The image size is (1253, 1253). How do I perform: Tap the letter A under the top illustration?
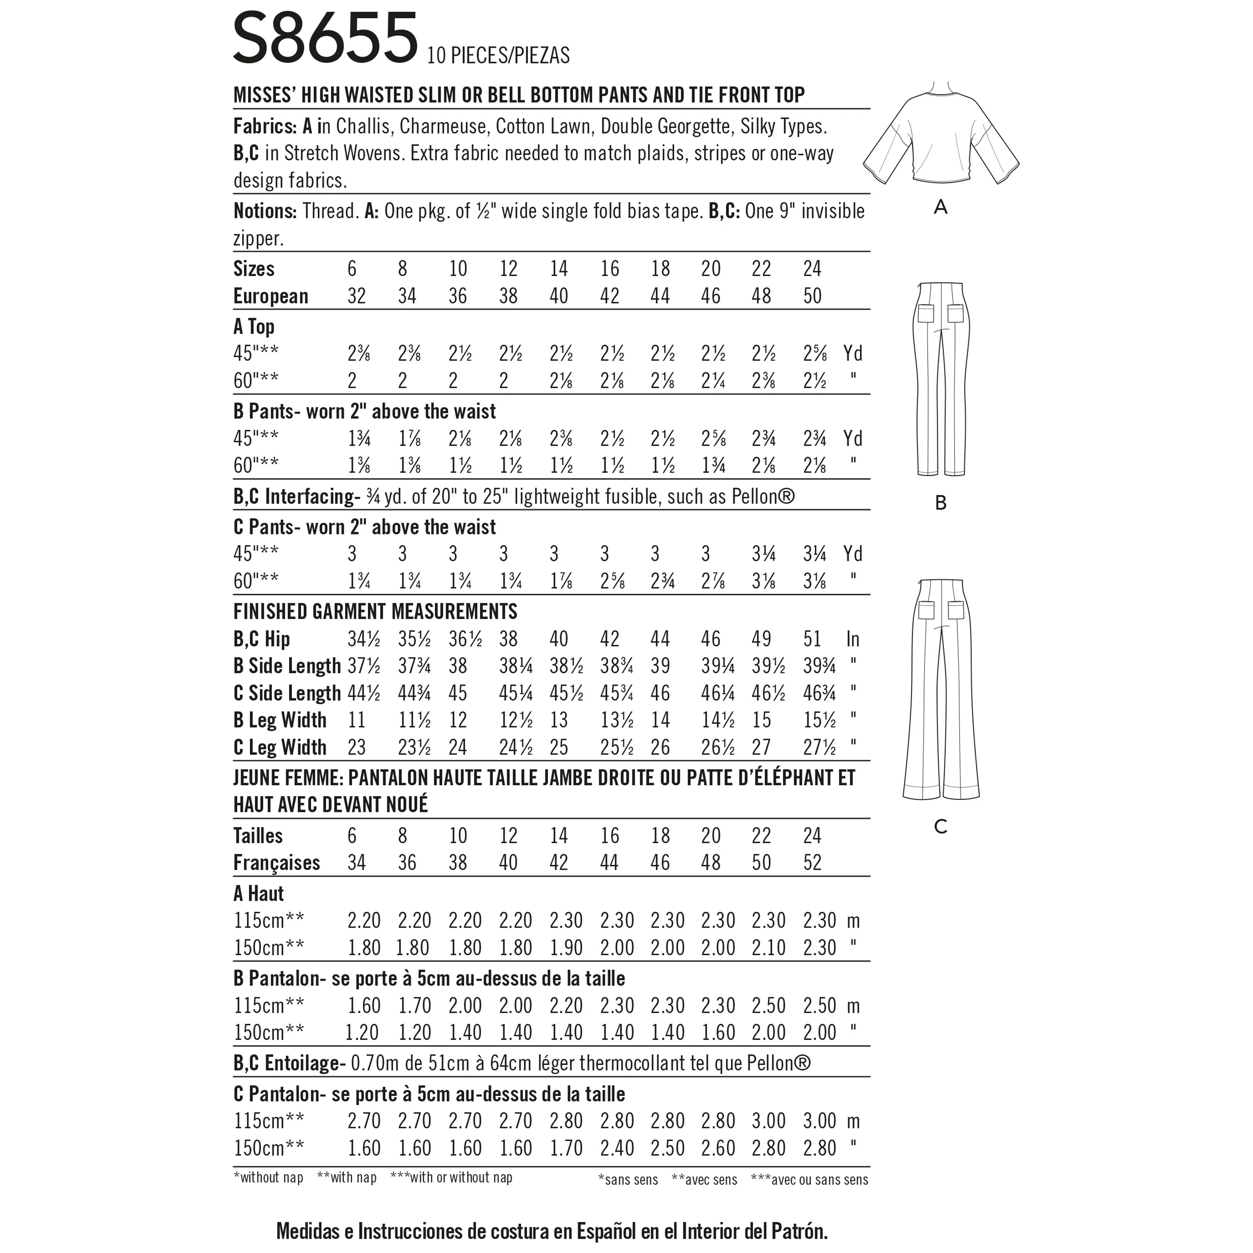941,208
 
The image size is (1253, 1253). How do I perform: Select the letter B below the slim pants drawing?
941,502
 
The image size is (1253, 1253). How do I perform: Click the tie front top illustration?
941,136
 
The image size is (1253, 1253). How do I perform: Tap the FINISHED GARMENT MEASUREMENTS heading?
375,611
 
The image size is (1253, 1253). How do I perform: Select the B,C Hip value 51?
812,639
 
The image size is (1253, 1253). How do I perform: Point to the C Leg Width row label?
279,748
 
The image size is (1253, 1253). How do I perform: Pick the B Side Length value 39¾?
819,667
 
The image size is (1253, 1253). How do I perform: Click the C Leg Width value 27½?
819,748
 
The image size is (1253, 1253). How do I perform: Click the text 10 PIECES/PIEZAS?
498,56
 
